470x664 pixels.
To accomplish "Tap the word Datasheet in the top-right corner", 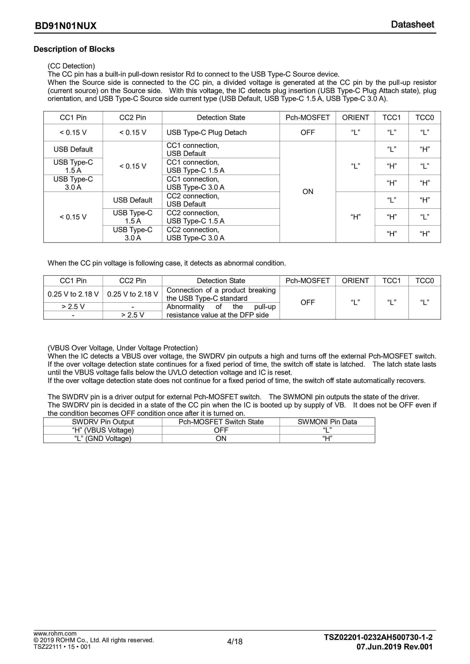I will [x=412, y=25].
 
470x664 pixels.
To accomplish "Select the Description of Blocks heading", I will [x=74, y=49].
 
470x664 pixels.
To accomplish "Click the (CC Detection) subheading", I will [x=71, y=66].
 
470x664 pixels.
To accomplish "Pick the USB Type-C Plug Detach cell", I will [x=206, y=132].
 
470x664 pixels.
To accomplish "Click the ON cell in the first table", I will [x=308, y=191].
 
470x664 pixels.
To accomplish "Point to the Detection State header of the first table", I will [x=221, y=118].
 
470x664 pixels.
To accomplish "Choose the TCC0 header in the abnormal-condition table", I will [x=424, y=280].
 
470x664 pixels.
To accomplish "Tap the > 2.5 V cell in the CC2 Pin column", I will [x=133, y=315].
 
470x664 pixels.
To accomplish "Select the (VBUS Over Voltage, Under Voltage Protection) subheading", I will [x=123, y=348].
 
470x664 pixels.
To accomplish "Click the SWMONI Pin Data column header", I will [x=327, y=422].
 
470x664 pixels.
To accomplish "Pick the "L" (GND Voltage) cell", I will [x=103, y=438].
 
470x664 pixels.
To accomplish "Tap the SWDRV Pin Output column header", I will [x=103, y=422].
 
